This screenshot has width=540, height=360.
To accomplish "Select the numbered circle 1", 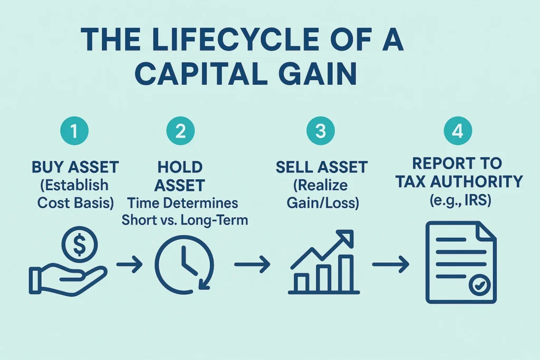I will coord(74,131).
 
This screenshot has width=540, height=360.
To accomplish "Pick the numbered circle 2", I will coord(180,131).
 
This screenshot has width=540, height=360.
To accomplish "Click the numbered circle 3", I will coord(321,131).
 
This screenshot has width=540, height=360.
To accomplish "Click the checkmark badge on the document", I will coord(481,285).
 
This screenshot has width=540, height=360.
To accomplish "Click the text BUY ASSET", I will coord(75,168).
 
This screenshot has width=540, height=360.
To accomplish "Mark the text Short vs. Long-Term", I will coord(185,220).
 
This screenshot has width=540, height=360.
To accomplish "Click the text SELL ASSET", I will coord(321,168).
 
